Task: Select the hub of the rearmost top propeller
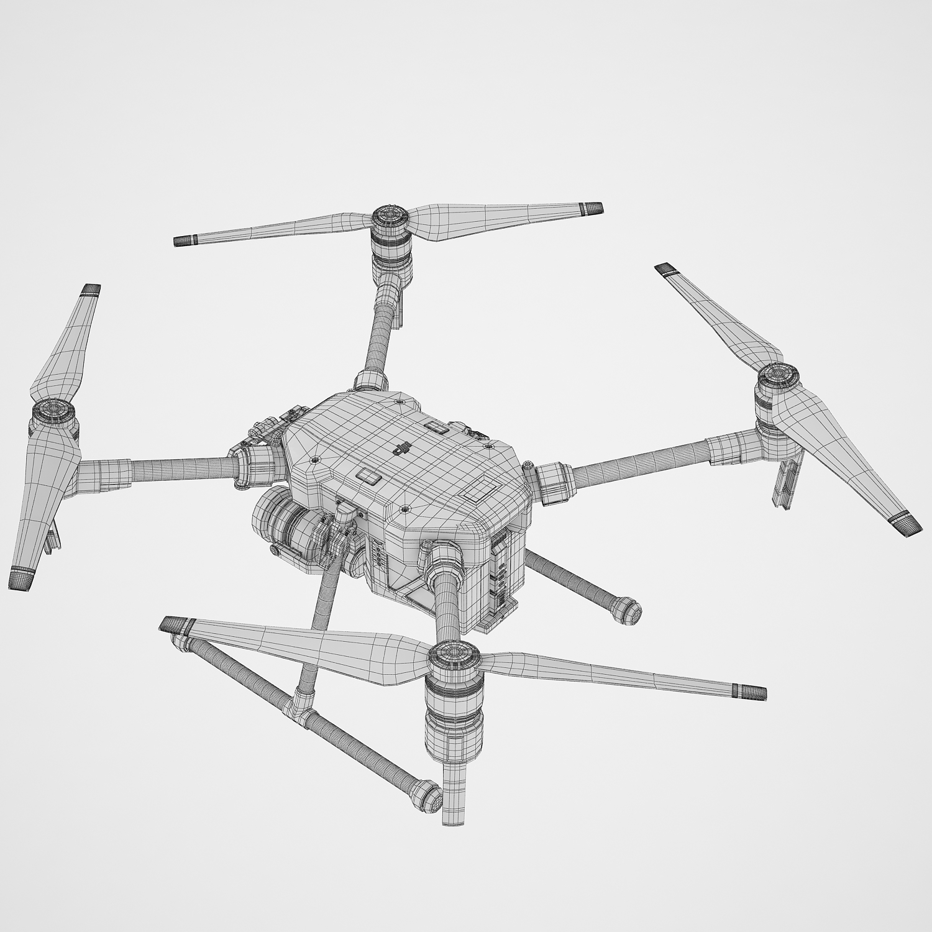pyautogui.click(x=390, y=217)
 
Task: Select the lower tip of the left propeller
pyautogui.click(x=20, y=579)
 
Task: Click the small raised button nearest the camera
pyautogui.click(x=369, y=476)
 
